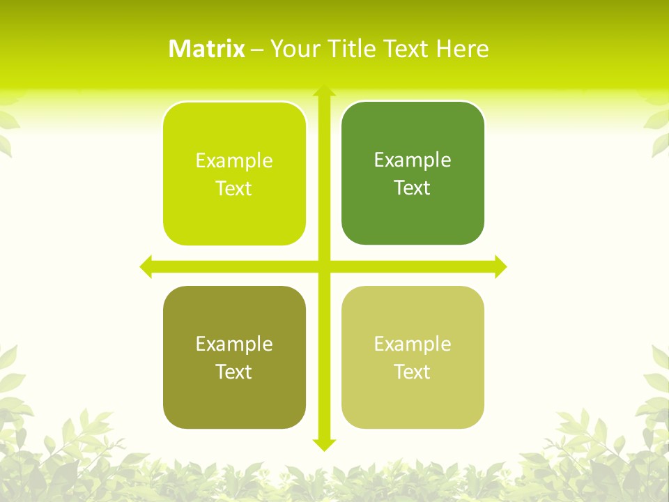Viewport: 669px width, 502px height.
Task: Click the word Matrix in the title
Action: (207, 49)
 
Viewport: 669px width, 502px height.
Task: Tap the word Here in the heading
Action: (462, 49)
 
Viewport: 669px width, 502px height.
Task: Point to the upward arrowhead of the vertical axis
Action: (324, 91)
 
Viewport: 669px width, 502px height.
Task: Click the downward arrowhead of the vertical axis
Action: (324, 445)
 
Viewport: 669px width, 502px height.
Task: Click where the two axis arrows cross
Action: (324, 266)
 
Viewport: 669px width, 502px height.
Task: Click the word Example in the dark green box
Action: (413, 160)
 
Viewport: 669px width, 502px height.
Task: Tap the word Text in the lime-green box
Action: (234, 188)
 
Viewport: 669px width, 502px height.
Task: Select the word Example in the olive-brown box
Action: (234, 344)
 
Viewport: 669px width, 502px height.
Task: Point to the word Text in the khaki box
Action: (413, 372)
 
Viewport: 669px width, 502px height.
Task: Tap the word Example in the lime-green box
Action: (234, 160)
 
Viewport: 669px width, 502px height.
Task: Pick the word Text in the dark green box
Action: (413, 188)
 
